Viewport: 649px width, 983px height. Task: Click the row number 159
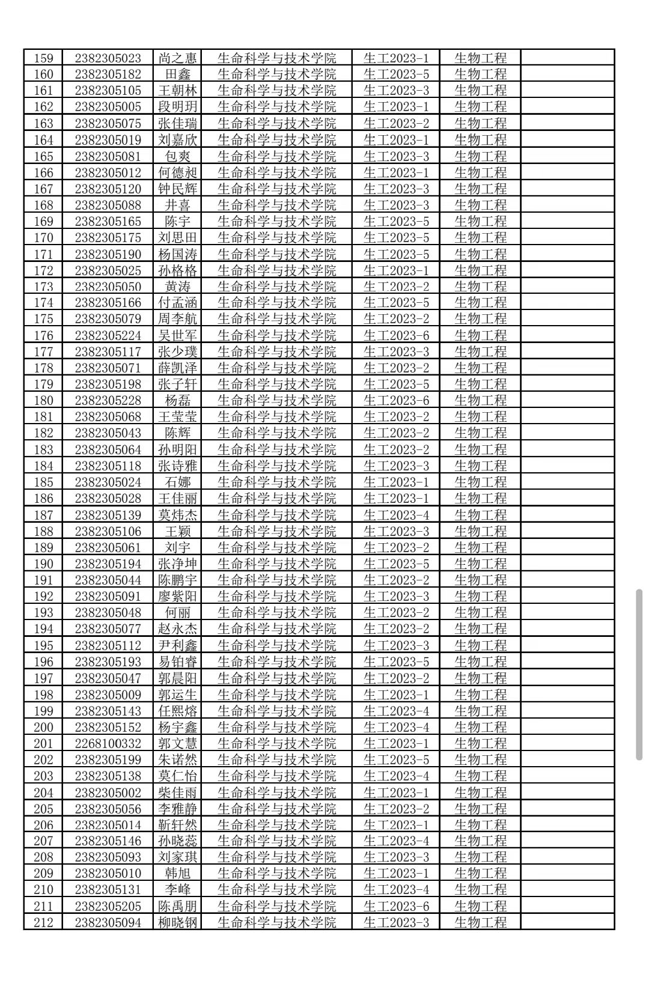43,58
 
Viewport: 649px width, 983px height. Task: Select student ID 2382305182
108,75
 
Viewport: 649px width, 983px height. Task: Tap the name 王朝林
177,91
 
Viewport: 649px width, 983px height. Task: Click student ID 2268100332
108,744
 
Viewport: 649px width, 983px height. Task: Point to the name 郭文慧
177,744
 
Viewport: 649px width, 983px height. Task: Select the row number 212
43,923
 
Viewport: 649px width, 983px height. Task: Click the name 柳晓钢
177,923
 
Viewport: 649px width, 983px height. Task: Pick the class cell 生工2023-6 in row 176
397,336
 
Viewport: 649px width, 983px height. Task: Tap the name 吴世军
177,336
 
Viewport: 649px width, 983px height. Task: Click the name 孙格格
177,271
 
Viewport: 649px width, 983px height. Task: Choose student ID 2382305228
108,401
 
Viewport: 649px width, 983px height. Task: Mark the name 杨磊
177,401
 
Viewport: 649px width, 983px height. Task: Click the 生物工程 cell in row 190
480,564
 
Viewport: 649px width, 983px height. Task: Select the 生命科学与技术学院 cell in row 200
276,728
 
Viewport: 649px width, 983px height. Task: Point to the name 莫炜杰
177,516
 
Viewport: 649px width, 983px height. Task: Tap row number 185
43,482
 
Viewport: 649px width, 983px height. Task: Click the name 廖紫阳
177,597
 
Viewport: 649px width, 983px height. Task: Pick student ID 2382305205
108,907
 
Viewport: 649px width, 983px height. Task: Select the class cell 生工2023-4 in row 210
397,890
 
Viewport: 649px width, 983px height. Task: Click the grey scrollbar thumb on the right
639,675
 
